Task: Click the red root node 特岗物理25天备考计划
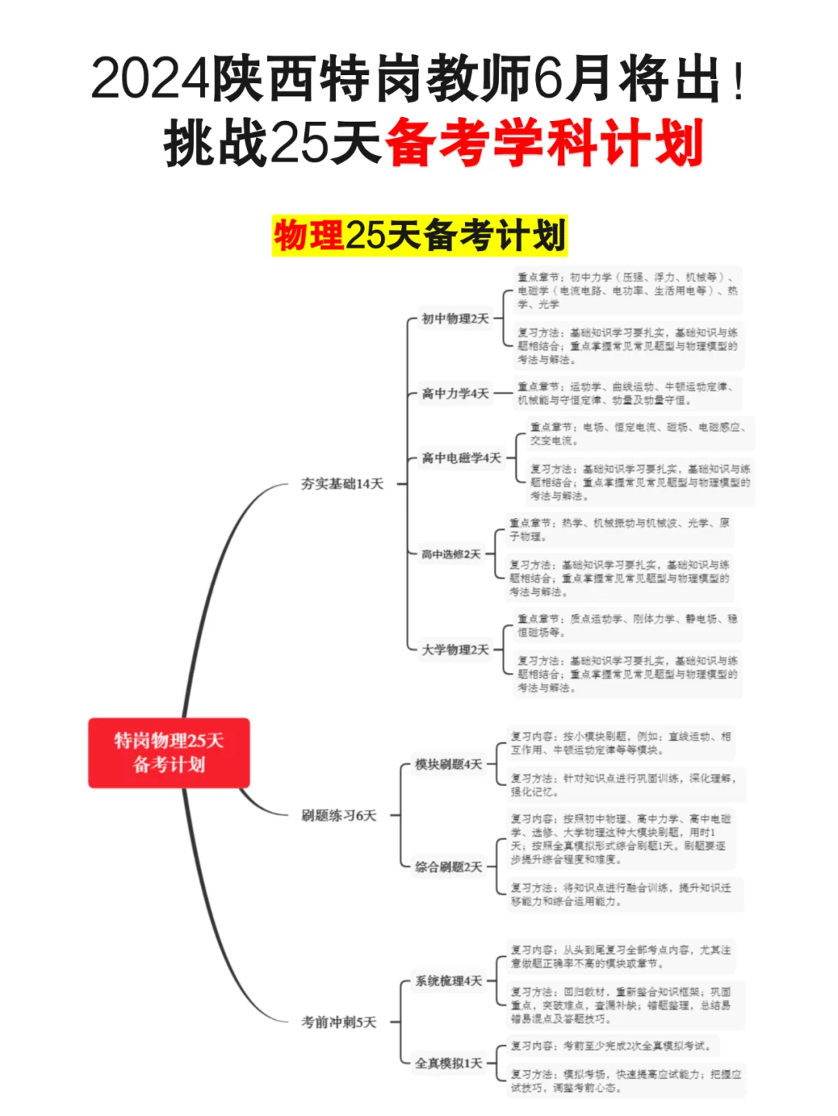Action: pos(168,752)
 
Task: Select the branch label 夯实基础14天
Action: pos(342,484)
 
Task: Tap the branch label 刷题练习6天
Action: pos(338,815)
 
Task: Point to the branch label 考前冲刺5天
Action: pos(338,1022)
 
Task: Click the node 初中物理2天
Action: pos(455,319)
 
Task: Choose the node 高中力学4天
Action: pos(455,394)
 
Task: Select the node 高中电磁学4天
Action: pos(462,458)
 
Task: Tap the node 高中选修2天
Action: pos(451,555)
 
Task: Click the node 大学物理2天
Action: pos(455,650)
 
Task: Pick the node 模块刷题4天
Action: pos(448,765)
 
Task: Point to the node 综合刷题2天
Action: pos(448,867)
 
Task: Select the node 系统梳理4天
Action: pos(448,981)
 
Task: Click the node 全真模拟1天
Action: pos(448,1063)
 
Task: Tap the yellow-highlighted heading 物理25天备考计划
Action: pos(419,236)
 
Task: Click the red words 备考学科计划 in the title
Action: pos(543,143)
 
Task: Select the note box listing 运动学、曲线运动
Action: pos(627,393)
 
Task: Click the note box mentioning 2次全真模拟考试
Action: pos(612,1046)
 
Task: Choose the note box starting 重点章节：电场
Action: pos(639,434)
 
